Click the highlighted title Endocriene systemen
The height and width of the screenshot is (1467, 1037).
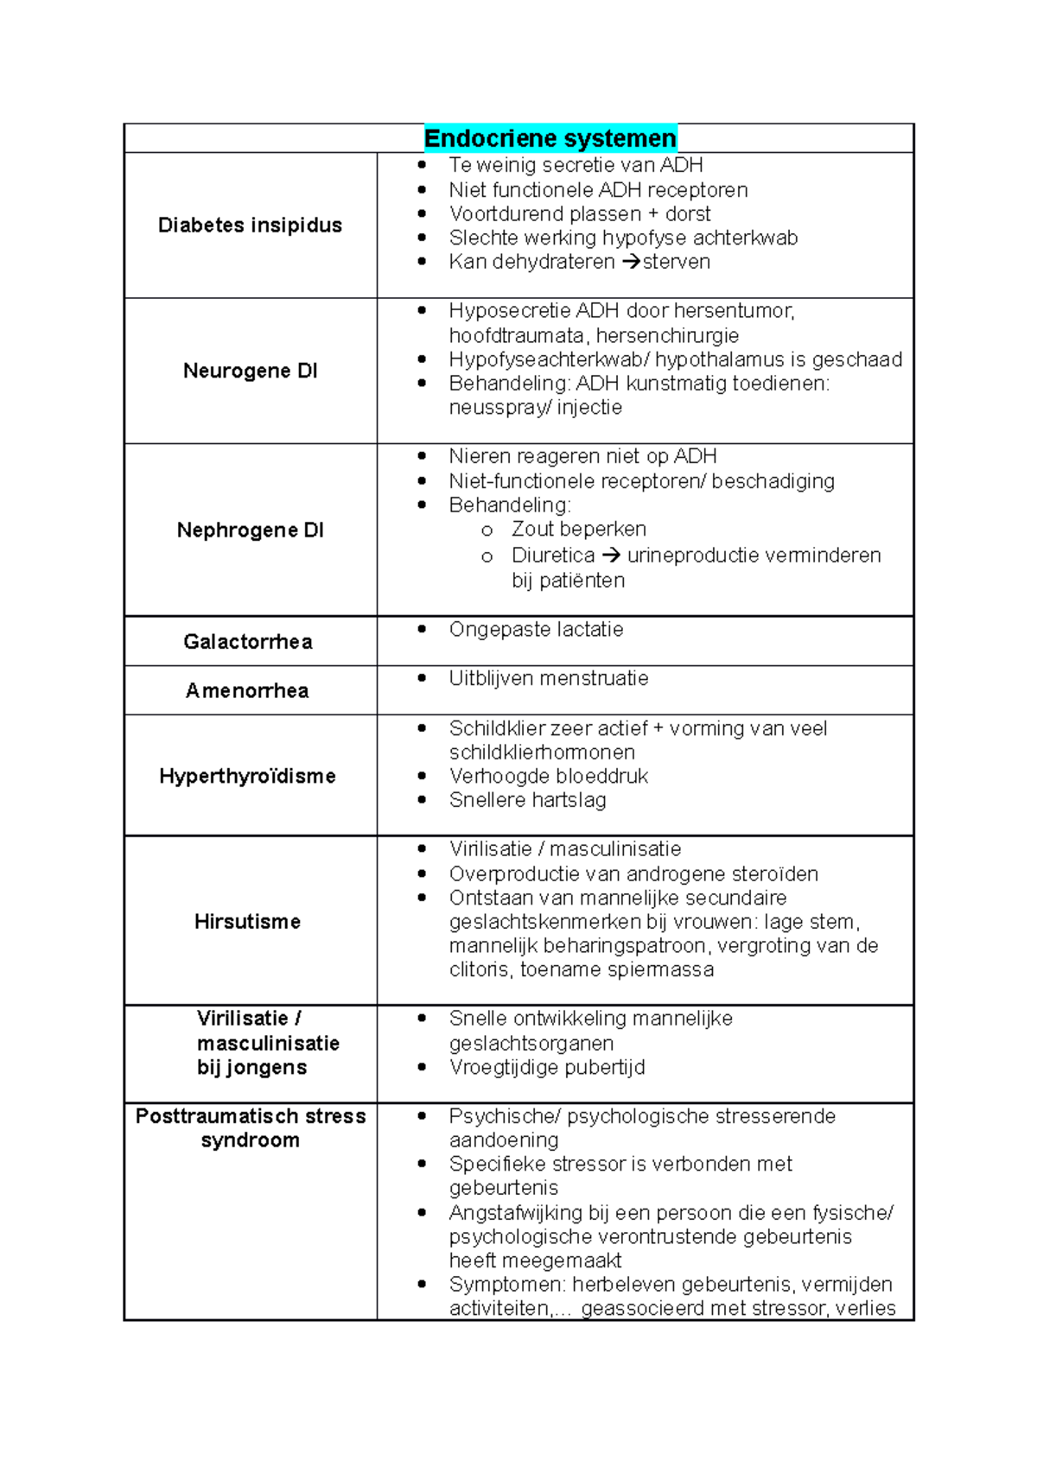tap(550, 138)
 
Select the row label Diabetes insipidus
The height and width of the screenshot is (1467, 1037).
tap(250, 225)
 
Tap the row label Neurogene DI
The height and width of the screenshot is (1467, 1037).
tap(250, 371)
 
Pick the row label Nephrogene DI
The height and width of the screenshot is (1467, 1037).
tap(250, 530)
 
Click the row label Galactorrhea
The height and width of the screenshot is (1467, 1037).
tap(248, 641)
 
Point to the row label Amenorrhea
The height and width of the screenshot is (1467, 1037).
tap(247, 690)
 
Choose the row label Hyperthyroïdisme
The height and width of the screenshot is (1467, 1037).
tap(247, 776)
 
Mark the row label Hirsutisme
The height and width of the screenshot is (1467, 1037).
tap(247, 922)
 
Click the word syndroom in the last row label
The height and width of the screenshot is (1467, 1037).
tap(250, 1140)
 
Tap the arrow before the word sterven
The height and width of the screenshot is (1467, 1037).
tap(631, 262)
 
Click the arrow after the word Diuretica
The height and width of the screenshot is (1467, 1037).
tap(611, 556)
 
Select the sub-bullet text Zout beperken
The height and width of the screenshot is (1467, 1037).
tap(578, 529)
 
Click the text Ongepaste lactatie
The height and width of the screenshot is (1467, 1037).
tap(536, 629)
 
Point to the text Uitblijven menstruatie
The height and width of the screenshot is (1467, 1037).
tap(548, 678)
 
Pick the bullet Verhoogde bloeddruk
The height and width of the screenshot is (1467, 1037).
tap(548, 776)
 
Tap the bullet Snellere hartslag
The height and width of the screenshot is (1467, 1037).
tap(527, 800)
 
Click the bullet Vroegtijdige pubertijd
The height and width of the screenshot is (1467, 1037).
tap(546, 1067)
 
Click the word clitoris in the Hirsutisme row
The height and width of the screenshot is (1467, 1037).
tap(479, 969)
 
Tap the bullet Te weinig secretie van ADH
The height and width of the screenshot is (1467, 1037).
tap(576, 165)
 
